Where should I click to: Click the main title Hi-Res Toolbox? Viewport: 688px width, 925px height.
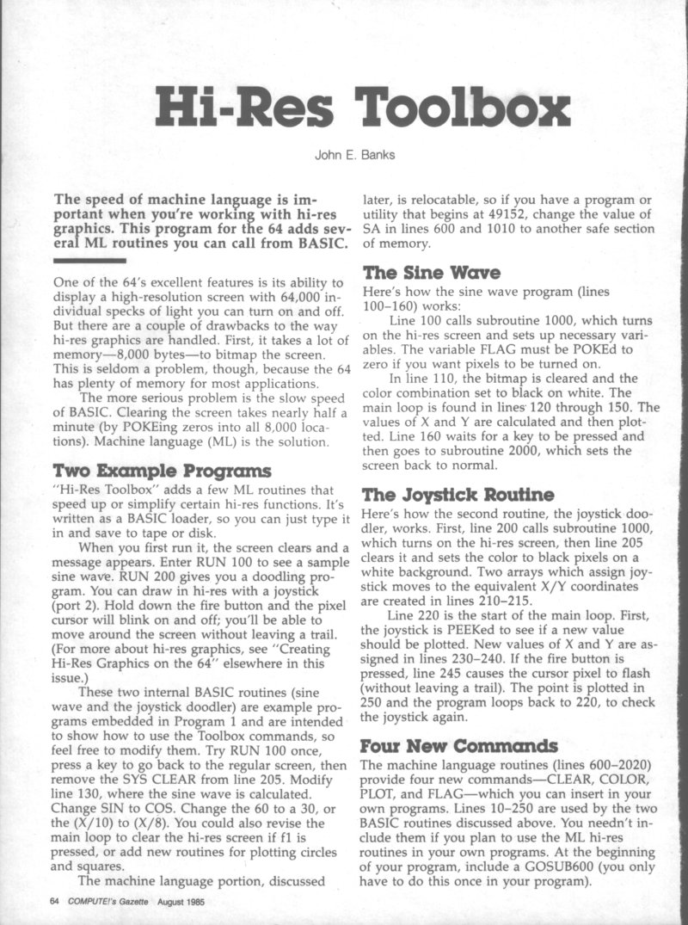coord(361,109)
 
